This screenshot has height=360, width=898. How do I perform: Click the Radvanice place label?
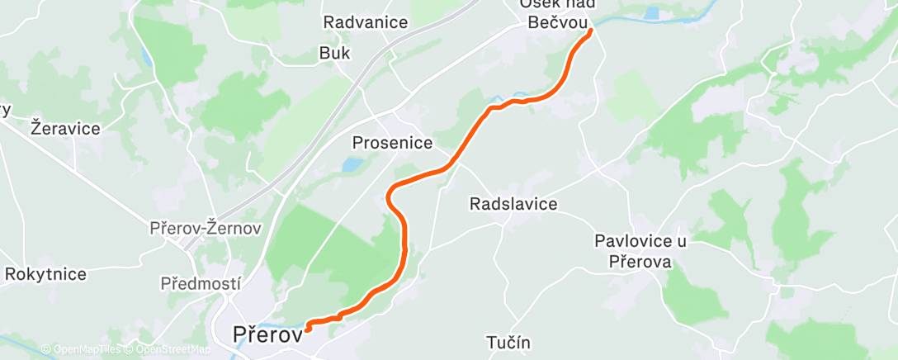click(365, 22)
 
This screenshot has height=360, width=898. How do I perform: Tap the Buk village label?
click(335, 53)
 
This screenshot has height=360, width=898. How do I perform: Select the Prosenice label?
click(392, 143)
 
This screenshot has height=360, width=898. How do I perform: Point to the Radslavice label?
click(513, 203)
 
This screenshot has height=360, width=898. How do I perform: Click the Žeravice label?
click(64, 128)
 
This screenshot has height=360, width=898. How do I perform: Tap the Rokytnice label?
click(47, 272)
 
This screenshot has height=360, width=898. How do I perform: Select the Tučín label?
click(508, 342)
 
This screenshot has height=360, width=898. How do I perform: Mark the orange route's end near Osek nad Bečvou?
click(591, 31)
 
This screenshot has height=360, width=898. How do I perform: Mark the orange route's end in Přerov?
click(307, 328)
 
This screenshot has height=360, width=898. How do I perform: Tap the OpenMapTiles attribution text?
click(83, 349)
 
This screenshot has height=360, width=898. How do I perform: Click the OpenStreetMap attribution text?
click(168, 349)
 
